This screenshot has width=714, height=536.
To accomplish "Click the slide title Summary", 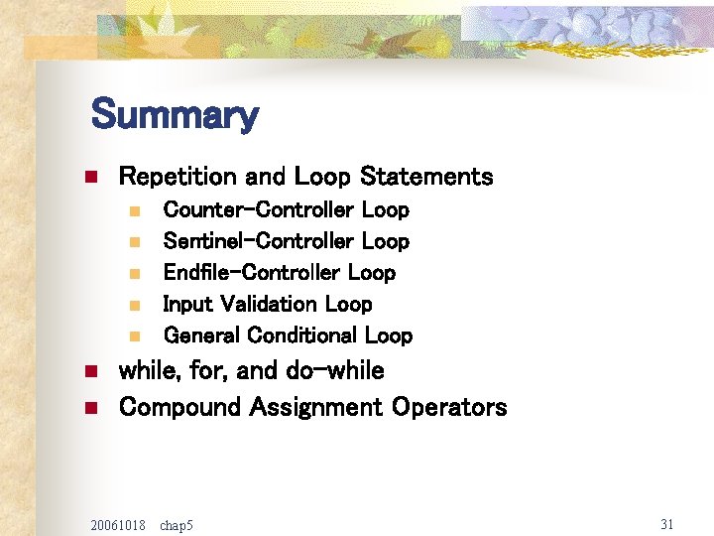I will pyautogui.click(x=174, y=115).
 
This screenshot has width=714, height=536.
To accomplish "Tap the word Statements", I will pyautogui.click(x=426, y=177).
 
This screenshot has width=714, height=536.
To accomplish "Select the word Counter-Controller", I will pyautogui.click(x=258, y=209).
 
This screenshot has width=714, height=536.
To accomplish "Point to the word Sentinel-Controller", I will pyautogui.click(x=258, y=241).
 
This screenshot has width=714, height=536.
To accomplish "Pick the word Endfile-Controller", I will pyautogui.click(x=252, y=272).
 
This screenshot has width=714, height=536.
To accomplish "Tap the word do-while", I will pyautogui.click(x=334, y=371).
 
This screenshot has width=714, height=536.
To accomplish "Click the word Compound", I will pyautogui.click(x=180, y=407).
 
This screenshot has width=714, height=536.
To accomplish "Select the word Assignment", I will pyautogui.click(x=316, y=407).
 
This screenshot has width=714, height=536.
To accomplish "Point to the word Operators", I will pyautogui.click(x=449, y=407).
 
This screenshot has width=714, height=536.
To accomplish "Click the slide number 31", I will pyautogui.click(x=665, y=523).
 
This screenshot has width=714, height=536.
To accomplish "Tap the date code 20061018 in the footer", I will pyautogui.click(x=117, y=524).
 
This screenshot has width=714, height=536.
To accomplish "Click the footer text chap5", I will pyautogui.click(x=177, y=524).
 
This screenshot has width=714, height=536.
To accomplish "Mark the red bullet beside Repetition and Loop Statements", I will pyautogui.click(x=88, y=178).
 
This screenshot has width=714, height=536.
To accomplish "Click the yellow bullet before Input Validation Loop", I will pyautogui.click(x=134, y=305).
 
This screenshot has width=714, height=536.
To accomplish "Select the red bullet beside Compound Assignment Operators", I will pyautogui.click(x=88, y=408).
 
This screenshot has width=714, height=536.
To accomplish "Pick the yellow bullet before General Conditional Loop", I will pyautogui.click(x=134, y=336).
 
